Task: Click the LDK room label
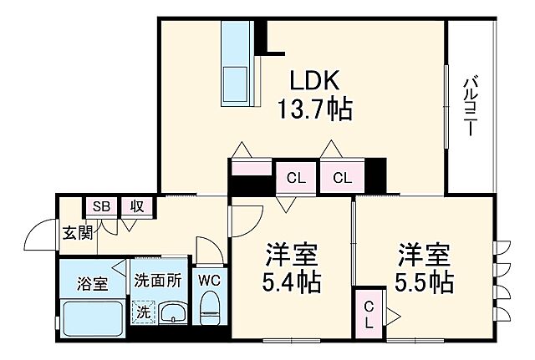(x=313, y=81)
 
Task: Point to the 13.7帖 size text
(x=314, y=109)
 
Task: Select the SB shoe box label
(x=100, y=206)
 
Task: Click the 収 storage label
(x=135, y=206)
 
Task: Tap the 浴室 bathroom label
(x=92, y=283)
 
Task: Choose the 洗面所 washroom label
(x=158, y=281)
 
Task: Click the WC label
(x=209, y=281)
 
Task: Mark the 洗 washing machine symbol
(x=144, y=312)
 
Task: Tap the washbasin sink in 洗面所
(x=173, y=314)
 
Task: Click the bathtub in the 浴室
(x=92, y=319)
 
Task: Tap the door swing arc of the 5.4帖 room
(x=245, y=219)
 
